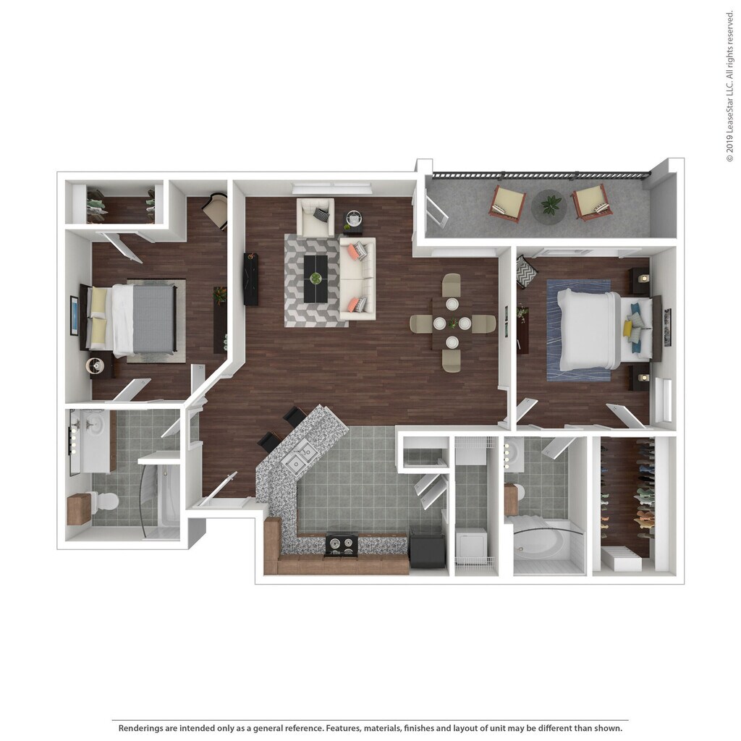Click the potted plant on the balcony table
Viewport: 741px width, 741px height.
pos(551,205)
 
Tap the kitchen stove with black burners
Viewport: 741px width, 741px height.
pos(341,543)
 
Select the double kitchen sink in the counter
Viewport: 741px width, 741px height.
pos(300,457)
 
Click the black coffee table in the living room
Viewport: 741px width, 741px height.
pos(316,279)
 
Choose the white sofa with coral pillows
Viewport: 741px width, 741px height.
pos(357,279)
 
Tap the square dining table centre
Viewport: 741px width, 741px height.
pos(452,323)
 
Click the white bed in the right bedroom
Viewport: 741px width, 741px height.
pos(590,330)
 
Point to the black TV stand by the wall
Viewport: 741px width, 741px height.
pos(251,279)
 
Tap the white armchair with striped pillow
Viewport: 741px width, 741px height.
pos(315,217)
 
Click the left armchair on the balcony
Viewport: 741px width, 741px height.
pos(507,203)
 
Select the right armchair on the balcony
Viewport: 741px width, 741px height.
pos(592,202)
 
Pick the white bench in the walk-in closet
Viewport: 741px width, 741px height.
pos(621,559)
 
